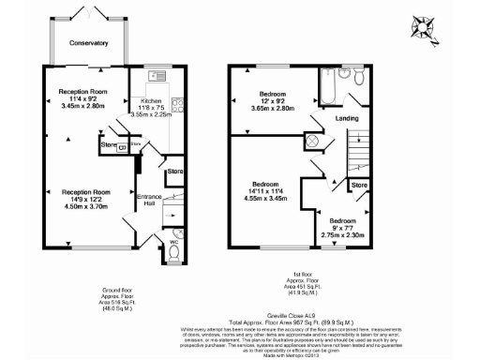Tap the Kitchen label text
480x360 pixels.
(x=151, y=99)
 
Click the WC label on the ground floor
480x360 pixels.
(x=161, y=239)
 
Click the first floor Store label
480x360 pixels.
(x=358, y=186)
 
